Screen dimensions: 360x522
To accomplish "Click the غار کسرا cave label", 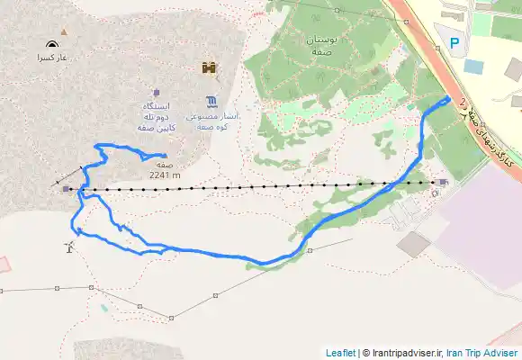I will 52,57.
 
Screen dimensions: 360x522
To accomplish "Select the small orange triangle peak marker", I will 63,32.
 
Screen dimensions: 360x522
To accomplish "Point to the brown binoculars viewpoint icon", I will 210,67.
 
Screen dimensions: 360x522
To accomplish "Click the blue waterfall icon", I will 211,99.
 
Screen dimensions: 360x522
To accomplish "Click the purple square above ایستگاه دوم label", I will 156,92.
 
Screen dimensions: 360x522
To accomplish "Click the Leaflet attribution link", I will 340,353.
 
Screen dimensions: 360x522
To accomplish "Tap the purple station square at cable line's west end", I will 67,189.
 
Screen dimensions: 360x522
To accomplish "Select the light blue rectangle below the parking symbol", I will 472,66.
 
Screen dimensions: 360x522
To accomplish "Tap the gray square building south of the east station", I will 414,243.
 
